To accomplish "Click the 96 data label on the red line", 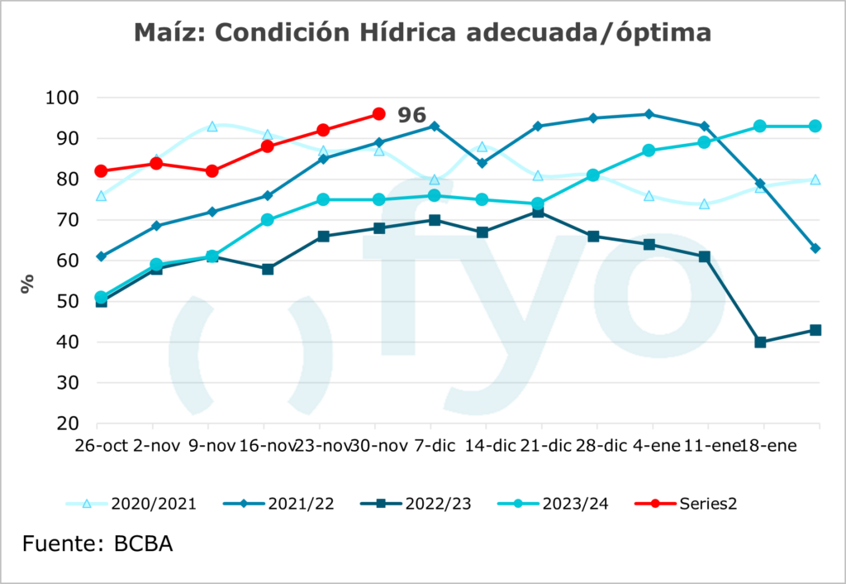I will click(x=411, y=115).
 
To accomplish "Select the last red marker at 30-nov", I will click(x=378, y=113).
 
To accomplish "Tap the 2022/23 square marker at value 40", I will click(x=760, y=342).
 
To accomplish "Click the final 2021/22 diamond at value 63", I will click(x=815, y=248).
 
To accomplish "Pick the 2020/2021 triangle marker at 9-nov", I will click(x=212, y=127).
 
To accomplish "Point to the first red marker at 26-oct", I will click(x=101, y=171).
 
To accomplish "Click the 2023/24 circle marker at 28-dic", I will click(x=593, y=175).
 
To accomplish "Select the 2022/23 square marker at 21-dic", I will click(x=539, y=212).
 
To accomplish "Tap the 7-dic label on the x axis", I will click(x=435, y=446).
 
